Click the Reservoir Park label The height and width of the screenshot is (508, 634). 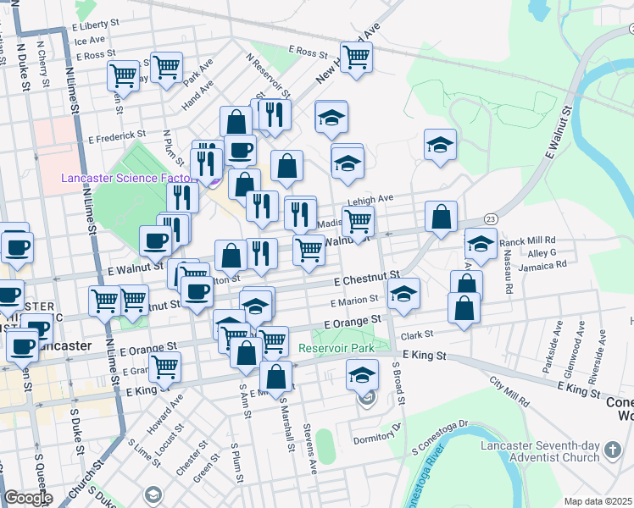(x=336, y=348)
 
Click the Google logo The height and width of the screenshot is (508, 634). (x=27, y=498)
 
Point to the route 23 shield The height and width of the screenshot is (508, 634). (x=492, y=218)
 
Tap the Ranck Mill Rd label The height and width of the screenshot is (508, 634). (x=527, y=240)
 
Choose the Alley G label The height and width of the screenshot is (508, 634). (x=542, y=252)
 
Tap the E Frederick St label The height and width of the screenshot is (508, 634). (x=117, y=135)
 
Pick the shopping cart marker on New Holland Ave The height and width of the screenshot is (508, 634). (x=357, y=57)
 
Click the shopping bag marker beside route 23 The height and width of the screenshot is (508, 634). (x=441, y=217)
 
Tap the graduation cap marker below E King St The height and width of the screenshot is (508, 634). (x=362, y=373)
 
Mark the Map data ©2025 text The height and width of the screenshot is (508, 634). (x=598, y=501)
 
